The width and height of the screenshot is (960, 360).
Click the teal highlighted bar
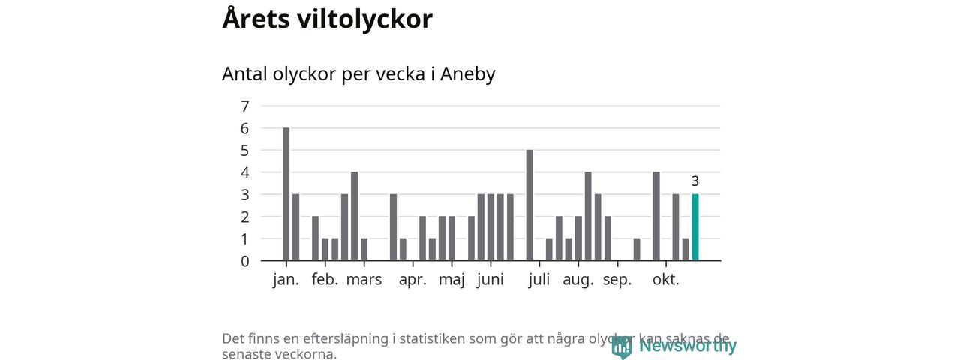tap(695, 227)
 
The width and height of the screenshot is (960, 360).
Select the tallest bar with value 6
tap(286, 194)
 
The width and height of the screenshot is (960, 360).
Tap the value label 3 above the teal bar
tap(695, 181)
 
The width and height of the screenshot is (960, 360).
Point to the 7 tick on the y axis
tap(245, 106)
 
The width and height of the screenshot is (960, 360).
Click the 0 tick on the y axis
tap(245, 262)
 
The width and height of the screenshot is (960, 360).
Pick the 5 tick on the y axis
tap(245, 151)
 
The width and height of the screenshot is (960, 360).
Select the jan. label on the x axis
tap(286, 280)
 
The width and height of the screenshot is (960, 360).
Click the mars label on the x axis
tap(364, 280)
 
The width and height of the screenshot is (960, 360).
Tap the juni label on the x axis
tap(490, 280)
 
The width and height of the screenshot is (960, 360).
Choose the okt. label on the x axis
tap(665, 280)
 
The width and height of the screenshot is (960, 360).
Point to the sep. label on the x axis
tap(617, 280)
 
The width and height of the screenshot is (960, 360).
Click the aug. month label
tap(577, 280)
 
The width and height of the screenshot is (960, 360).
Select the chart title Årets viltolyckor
tap(327, 19)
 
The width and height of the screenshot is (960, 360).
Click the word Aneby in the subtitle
tap(468, 74)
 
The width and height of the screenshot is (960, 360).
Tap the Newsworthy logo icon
tap(622, 346)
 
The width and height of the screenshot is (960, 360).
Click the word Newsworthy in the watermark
tap(687, 346)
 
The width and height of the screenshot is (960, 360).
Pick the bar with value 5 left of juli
tap(529, 205)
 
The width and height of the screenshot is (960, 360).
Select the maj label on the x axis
tap(451, 280)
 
